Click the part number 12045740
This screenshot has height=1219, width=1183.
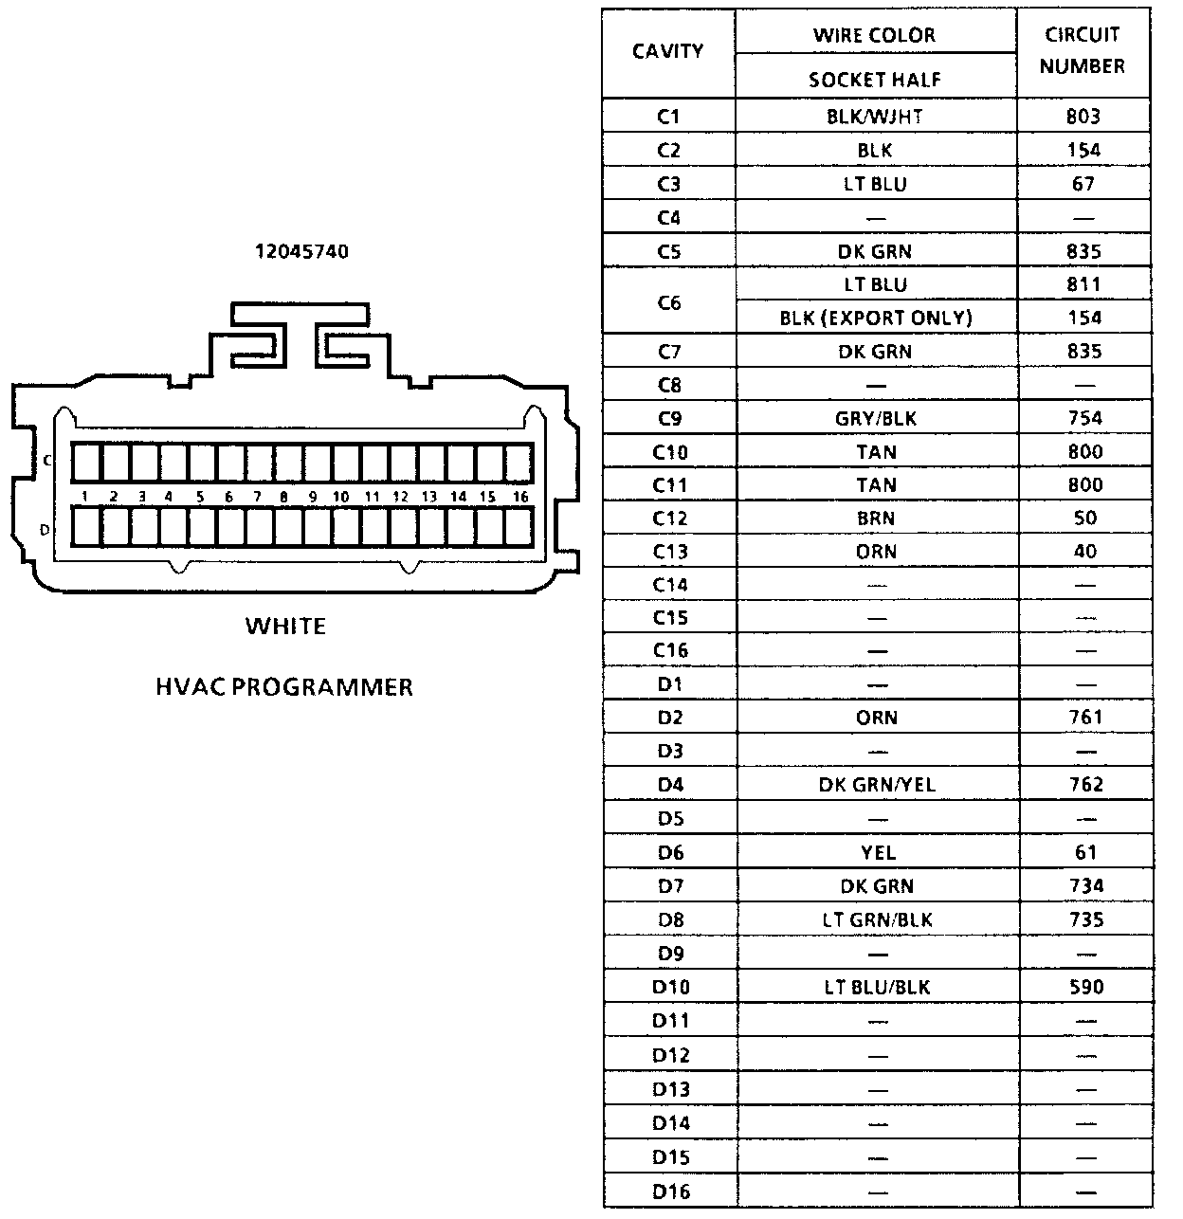(x=300, y=252)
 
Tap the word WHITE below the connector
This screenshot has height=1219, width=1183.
(x=285, y=627)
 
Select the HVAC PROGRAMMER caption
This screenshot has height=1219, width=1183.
(x=284, y=686)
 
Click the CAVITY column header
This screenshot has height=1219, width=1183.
(x=668, y=51)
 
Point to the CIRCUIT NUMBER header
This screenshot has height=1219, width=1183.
(x=1083, y=50)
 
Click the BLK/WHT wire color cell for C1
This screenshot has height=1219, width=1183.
(x=875, y=117)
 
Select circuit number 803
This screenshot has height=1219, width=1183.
(x=1083, y=117)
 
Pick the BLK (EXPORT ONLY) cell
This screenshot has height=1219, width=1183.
(x=876, y=318)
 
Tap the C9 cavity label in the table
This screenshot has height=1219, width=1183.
(x=669, y=419)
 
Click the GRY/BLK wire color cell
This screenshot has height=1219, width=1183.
(x=876, y=419)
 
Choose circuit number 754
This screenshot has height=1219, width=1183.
(x=1084, y=419)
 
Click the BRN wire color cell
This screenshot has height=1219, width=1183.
(x=876, y=519)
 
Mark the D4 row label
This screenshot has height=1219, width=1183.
(x=670, y=785)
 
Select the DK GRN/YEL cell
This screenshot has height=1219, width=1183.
(x=877, y=785)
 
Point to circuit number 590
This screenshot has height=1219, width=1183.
(x=1085, y=987)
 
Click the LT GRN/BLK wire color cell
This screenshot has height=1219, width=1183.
(x=878, y=919)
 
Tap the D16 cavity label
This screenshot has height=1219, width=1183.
(x=670, y=1192)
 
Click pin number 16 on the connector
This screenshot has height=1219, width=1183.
(x=519, y=497)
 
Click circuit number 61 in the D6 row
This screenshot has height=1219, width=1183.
(x=1085, y=852)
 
